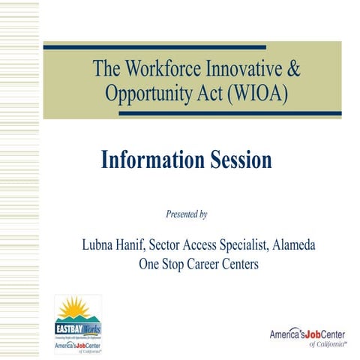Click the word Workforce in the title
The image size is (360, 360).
point(164,69)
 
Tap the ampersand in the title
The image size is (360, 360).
point(293,69)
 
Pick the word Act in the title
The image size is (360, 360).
point(202,94)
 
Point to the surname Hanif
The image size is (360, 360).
point(139,245)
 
